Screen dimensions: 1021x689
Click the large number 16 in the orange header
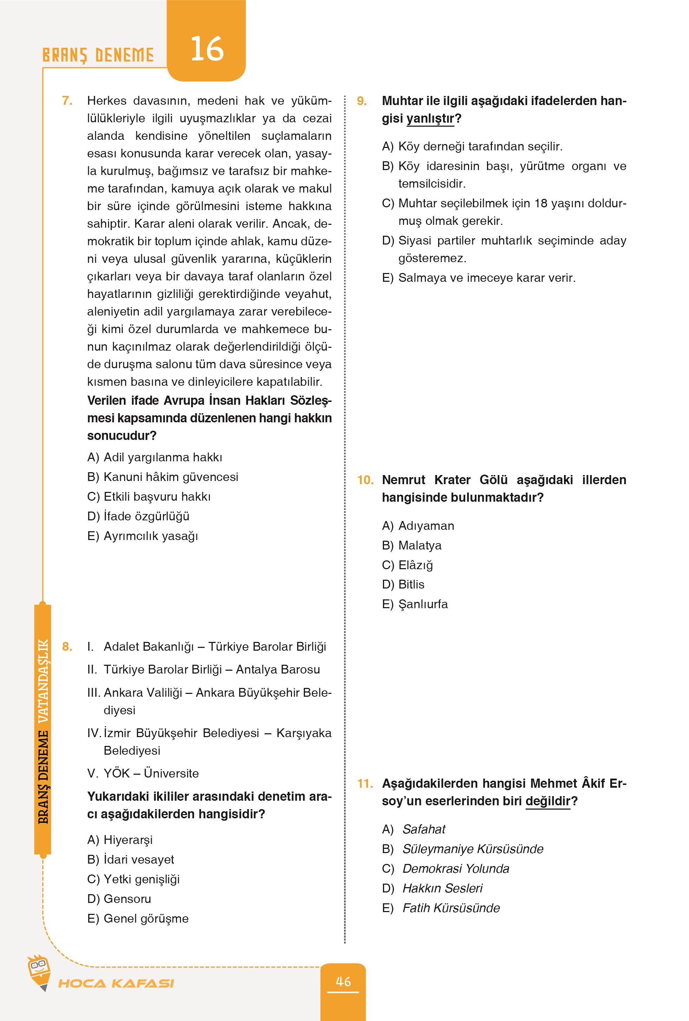tap(207, 49)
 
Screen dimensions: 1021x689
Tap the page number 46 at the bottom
tap(343, 981)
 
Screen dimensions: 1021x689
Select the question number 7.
tap(67, 100)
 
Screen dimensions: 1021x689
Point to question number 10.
tap(365, 480)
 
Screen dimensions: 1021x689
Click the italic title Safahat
tap(424, 829)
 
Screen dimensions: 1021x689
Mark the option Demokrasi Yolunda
tap(456, 869)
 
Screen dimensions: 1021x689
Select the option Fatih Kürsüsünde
tap(451, 908)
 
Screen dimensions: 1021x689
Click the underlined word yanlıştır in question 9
tap(430, 119)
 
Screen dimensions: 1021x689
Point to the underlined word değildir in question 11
tap(547, 801)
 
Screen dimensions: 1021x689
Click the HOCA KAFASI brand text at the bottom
tap(116, 983)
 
